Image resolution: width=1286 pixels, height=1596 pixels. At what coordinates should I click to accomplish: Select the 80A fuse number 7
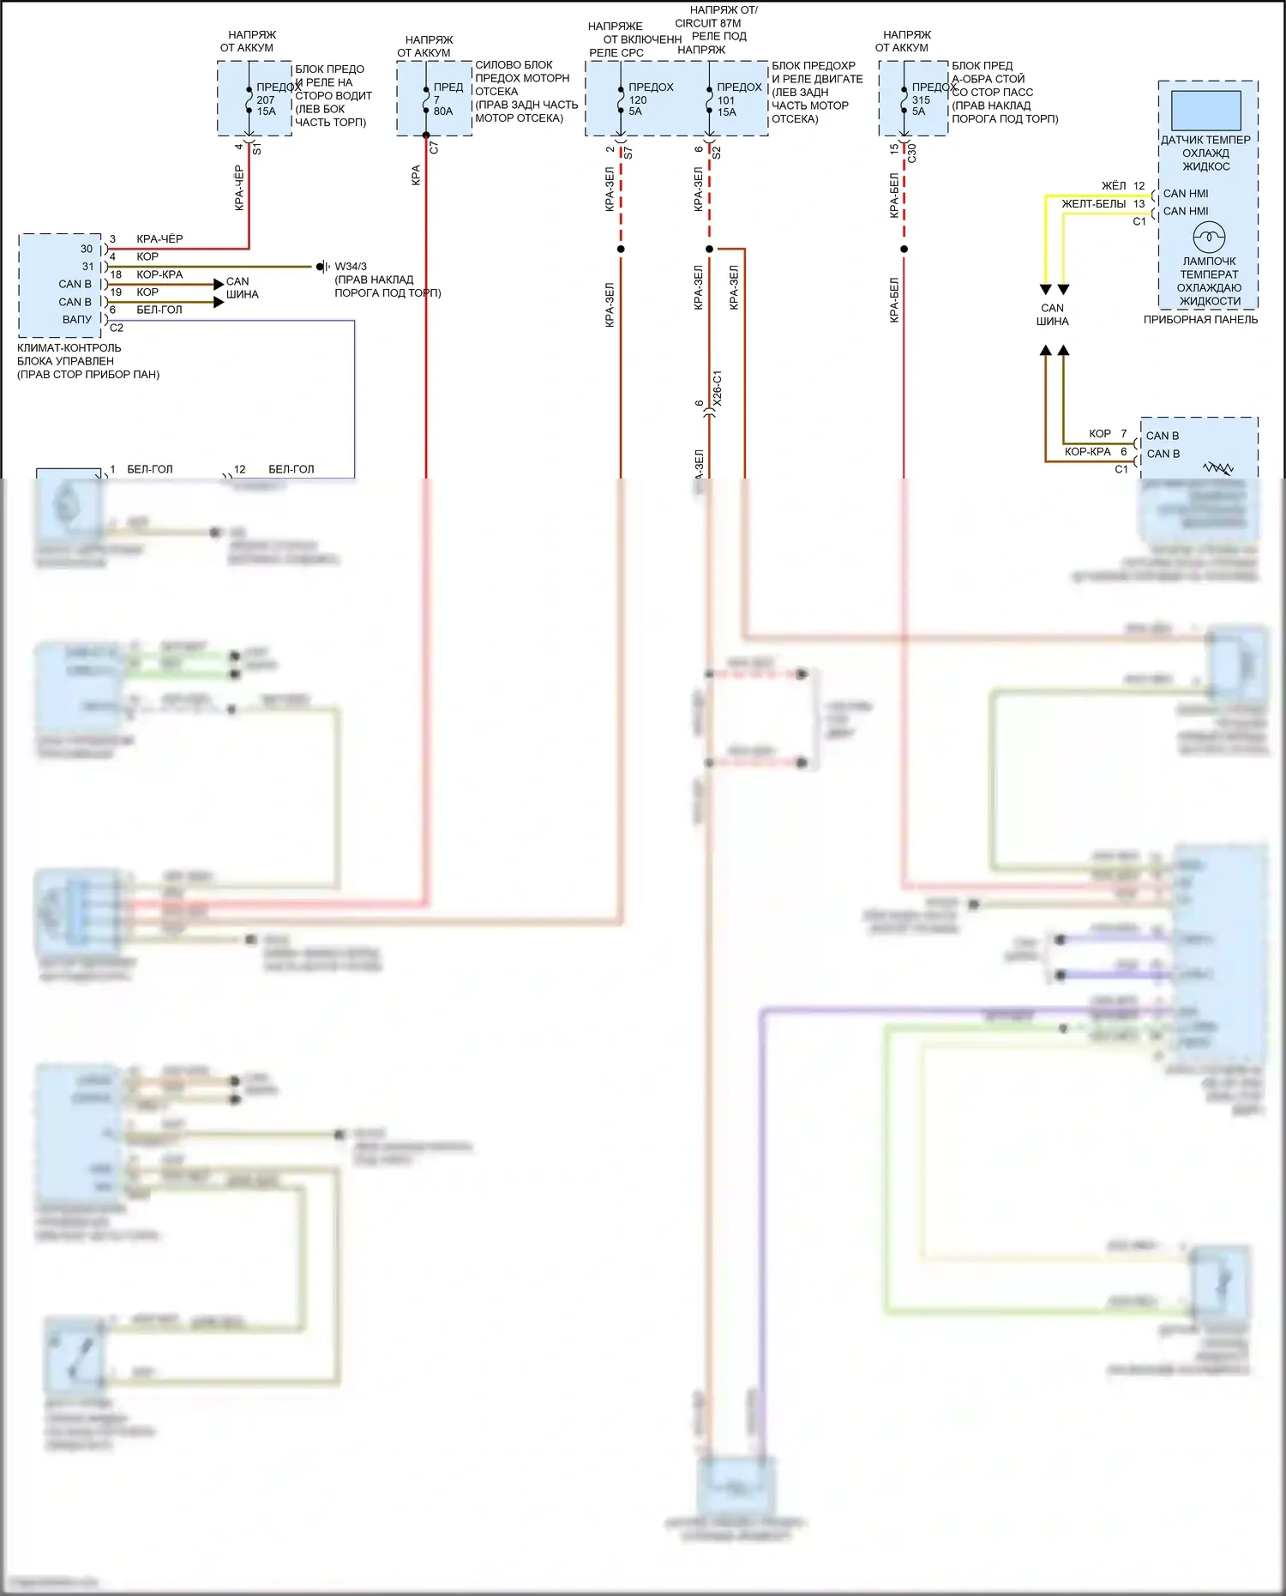click(x=426, y=99)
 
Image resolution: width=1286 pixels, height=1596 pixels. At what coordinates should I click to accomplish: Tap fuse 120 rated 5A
click(x=621, y=99)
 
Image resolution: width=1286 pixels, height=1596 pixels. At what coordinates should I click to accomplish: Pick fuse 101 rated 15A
click(x=709, y=99)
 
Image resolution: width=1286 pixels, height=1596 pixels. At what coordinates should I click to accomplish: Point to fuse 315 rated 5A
click(x=904, y=99)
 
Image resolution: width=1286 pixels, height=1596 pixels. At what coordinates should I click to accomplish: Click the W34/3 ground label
click(x=351, y=267)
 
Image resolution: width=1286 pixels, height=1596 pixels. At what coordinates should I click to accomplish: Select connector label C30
click(x=912, y=154)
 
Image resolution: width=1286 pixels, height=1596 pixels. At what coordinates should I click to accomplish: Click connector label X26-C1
click(x=718, y=388)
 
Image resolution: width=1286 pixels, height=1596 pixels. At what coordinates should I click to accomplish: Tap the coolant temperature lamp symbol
click(x=1209, y=236)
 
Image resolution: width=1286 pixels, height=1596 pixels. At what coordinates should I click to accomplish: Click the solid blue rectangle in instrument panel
click(x=1206, y=111)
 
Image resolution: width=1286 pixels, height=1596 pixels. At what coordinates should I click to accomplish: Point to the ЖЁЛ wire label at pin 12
click(x=1114, y=186)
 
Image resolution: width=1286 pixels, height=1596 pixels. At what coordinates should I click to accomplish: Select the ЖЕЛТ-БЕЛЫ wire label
click(x=1093, y=204)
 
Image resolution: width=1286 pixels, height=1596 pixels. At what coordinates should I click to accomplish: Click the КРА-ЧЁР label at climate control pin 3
click(x=159, y=239)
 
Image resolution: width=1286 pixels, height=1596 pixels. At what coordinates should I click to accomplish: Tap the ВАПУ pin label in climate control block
click(x=77, y=319)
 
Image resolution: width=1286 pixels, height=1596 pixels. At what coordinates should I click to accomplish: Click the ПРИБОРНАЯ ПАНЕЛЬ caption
click(x=1200, y=320)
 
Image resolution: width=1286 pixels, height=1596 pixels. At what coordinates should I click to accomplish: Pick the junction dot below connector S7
click(x=621, y=250)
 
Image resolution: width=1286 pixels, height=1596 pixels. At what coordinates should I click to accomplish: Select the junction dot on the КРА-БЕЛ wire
click(x=904, y=250)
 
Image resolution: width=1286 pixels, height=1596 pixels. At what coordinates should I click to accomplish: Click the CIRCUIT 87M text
click(x=707, y=23)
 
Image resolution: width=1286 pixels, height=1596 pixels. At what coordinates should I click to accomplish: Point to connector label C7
click(x=434, y=148)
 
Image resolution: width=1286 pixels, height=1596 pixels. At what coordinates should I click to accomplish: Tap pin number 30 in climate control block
click(x=87, y=249)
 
